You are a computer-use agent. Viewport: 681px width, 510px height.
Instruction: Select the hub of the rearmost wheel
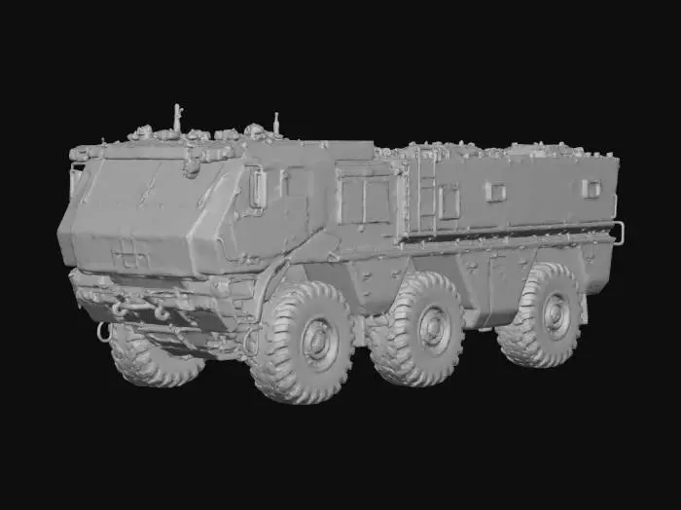tap(556, 313)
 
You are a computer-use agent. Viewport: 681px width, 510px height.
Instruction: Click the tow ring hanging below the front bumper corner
tap(103, 331)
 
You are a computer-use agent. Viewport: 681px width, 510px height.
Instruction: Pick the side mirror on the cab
tap(258, 188)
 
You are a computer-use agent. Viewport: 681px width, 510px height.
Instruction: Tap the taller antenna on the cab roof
tap(177, 117)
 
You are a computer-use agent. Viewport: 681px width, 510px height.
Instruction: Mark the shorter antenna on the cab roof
tap(276, 123)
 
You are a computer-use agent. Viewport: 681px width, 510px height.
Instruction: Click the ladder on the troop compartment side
tap(426, 195)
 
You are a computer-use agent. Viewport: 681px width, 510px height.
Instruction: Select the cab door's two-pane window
tap(362, 199)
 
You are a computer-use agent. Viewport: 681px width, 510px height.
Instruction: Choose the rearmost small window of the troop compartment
tap(591, 188)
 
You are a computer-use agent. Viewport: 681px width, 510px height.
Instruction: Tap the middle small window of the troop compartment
tap(495, 191)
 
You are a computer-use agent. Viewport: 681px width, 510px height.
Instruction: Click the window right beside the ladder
tap(448, 201)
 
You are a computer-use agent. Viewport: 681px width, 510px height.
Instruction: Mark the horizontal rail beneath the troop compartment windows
tap(506, 235)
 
